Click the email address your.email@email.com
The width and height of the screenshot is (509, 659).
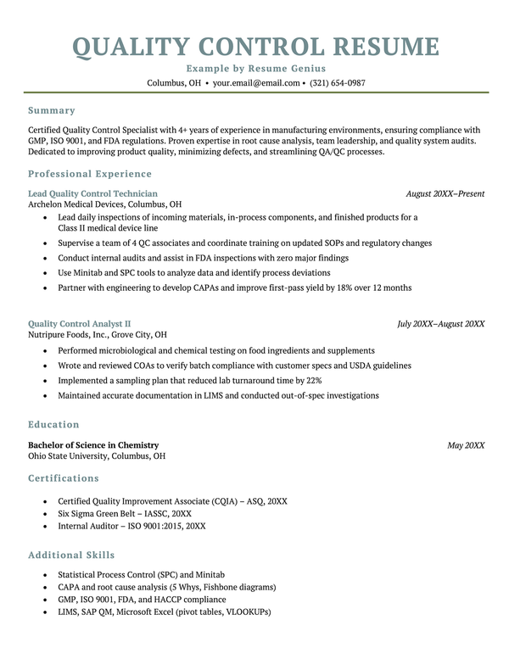click(x=256, y=83)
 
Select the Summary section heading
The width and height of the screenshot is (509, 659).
click(x=51, y=110)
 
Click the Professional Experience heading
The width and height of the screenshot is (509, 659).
click(x=90, y=174)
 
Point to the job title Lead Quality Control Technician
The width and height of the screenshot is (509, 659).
click(x=92, y=193)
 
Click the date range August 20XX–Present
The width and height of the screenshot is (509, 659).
click(x=445, y=193)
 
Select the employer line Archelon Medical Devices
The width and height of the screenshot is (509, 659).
click(x=104, y=204)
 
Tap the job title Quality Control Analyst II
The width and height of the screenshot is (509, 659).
click(x=79, y=323)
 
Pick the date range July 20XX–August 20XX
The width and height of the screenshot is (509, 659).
click(x=441, y=323)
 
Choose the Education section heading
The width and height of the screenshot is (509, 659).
click(x=53, y=424)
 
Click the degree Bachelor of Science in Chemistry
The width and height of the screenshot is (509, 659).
click(x=93, y=444)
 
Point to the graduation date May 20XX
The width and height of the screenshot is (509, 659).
click(x=466, y=444)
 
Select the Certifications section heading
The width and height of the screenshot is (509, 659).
click(x=64, y=478)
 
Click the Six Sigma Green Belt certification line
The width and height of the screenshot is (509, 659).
click(x=125, y=513)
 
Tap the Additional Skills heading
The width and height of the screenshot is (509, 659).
click(x=71, y=555)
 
